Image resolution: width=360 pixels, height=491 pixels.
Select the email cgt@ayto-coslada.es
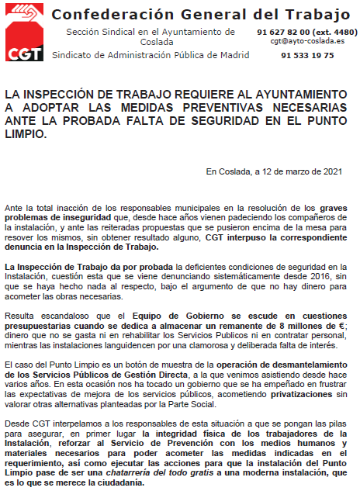click(308, 41)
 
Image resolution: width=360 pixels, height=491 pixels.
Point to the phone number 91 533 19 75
click(308, 56)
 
